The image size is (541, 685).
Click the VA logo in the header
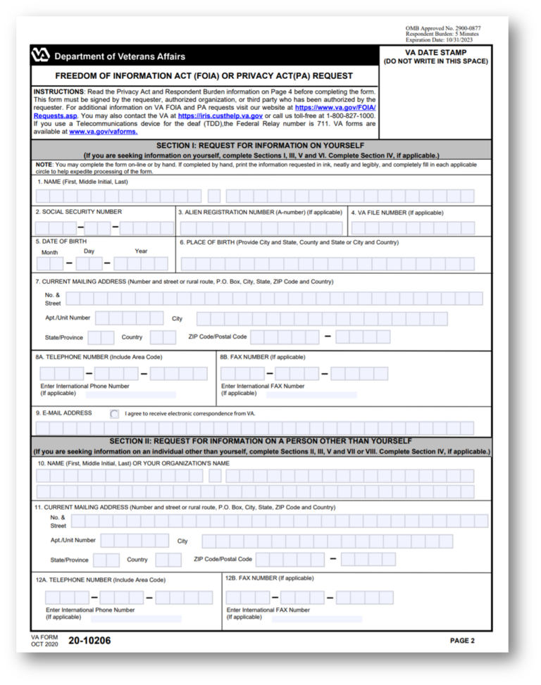pyautogui.click(x=41, y=56)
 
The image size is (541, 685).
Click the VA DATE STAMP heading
pyautogui.click(x=435, y=53)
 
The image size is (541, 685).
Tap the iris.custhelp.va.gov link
pyautogui.click(x=220, y=115)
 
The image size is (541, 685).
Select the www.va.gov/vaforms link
pyautogui.click(x=103, y=132)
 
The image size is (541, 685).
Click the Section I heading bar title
pyautogui.click(x=261, y=144)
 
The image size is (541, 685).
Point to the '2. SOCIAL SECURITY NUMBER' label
pyautogui.click(x=79, y=212)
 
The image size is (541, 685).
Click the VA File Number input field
pyautogui.click(x=420, y=228)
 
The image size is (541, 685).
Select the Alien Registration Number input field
pyautogui.click(x=261, y=228)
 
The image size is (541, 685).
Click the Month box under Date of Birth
pyautogui.click(x=50, y=264)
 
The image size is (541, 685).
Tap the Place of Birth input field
pyautogui.click(x=327, y=264)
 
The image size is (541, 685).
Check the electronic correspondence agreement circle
pyautogui.click(x=115, y=414)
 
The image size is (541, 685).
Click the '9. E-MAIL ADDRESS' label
pyautogui.click(x=64, y=413)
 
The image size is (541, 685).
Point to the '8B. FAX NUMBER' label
pyautogui.click(x=262, y=357)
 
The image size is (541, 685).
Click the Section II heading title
pyautogui.click(x=261, y=441)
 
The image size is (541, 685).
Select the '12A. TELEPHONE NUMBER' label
pyautogui.click(x=100, y=580)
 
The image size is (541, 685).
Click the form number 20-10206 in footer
pyautogui.click(x=89, y=641)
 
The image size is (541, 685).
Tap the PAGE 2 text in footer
pyautogui.click(x=462, y=641)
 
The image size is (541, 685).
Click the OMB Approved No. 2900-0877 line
pyautogui.click(x=443, y=28)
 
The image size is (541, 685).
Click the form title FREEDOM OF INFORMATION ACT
pyautogui.click(x=204, y=76)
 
